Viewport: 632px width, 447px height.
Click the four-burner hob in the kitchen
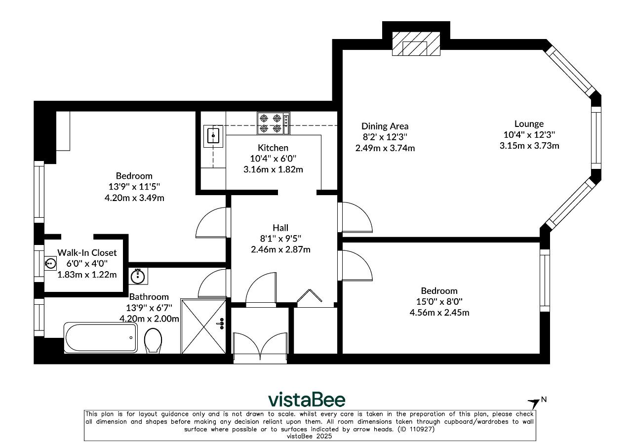(274, 123)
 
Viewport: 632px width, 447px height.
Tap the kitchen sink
(213, 136)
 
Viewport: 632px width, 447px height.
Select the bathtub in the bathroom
(101, 338)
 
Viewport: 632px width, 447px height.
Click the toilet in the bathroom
(153, 340)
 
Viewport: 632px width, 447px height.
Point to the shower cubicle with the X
(203, 326)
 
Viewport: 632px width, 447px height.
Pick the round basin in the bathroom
(138, 276)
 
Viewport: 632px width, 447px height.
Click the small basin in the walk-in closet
(50, 264)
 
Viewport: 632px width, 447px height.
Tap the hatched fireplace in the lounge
(416, 43)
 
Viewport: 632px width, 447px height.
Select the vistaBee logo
(307, 399)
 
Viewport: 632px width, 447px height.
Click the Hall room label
(280, 228)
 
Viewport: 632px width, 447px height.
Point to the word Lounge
(529, 124)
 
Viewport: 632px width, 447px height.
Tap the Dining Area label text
(385, 126)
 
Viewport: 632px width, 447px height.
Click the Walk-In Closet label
(87, 252)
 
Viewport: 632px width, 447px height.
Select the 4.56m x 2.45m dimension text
(439, 313)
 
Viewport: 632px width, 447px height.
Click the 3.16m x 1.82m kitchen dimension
(273, 169)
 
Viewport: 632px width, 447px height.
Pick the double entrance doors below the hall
(260, 347)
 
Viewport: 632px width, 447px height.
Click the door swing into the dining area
(355, 217)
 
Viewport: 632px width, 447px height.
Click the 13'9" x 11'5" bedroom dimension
(134, 187)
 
